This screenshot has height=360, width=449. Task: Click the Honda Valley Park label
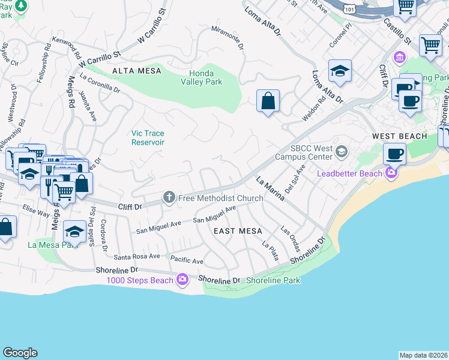202,77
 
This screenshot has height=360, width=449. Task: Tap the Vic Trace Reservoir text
148,137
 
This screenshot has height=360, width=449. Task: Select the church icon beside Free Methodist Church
169,197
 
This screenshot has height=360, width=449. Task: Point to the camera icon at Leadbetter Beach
391,173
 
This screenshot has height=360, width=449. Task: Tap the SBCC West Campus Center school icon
342,151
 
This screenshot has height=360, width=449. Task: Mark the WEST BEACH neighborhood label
399,136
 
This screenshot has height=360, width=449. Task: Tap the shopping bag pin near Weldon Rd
268,100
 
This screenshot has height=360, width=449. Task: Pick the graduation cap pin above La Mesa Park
74,231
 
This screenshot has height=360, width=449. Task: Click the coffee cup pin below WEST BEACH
394,154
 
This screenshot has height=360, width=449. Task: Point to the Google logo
20,353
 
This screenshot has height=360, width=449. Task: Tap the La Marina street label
270,189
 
